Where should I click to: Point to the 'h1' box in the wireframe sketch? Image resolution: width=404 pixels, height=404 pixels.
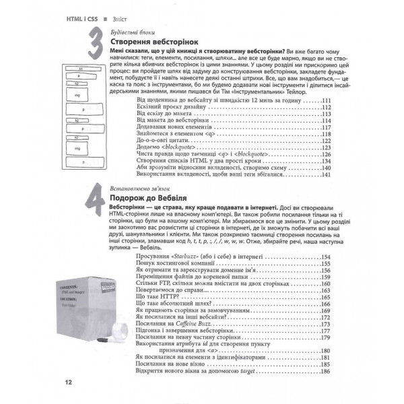(80, 69)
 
